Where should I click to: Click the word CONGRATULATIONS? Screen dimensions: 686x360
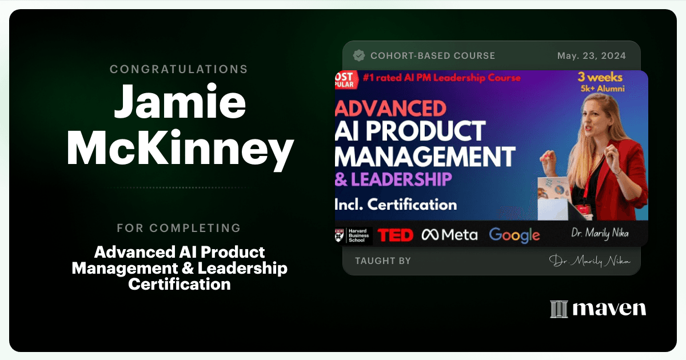click(x=179, y=69)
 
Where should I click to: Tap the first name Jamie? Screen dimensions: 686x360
click(x=180, y=101)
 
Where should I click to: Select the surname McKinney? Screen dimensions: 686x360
click(x=181, y=149)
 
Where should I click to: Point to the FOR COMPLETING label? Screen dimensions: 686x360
click(x=179, y=228)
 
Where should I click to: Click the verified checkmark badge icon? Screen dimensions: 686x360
click(x=359, y=55)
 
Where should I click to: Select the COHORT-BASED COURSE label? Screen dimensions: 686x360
click(x=433, y=56)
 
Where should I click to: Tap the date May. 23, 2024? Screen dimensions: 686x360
click(x=591, y=56)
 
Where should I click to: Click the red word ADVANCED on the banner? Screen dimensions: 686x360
click(x=391, y=109)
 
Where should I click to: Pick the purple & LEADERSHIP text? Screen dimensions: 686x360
click(x=393, y=179)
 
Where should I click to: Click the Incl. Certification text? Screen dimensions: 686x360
click(x=396, y=204)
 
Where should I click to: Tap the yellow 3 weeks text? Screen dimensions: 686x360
click(x=600, y=77)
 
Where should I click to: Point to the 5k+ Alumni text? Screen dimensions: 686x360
click(x=603, y=89)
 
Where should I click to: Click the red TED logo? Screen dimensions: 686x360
click(x=396, y=235)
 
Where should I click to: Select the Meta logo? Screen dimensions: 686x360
click(x=449, y=235)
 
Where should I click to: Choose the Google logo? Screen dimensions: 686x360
click(x=514, y=235)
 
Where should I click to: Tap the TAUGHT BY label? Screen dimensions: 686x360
click(x=383, y=261)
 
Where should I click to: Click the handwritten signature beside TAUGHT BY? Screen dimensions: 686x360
click(x=589, y=261)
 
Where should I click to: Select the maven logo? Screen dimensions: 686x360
click(x=598, y=309)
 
